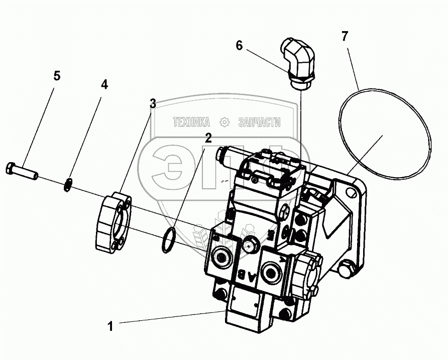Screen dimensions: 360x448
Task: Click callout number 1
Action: coord(110,326)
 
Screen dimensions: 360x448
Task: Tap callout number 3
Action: coord(153,103)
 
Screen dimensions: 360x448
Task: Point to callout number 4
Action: coord(104,84)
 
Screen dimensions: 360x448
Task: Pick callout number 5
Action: coord(57,76)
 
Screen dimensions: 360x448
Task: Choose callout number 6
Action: coord(239,46)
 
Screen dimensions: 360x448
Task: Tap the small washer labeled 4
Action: coord(69,185)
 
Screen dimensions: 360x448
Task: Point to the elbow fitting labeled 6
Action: coord(297,61)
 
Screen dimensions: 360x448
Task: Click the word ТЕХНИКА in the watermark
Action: coord(191,123)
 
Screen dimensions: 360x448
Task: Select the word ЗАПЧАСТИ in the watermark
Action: coord(260,123)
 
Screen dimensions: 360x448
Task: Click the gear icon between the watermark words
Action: coord(225,123)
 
